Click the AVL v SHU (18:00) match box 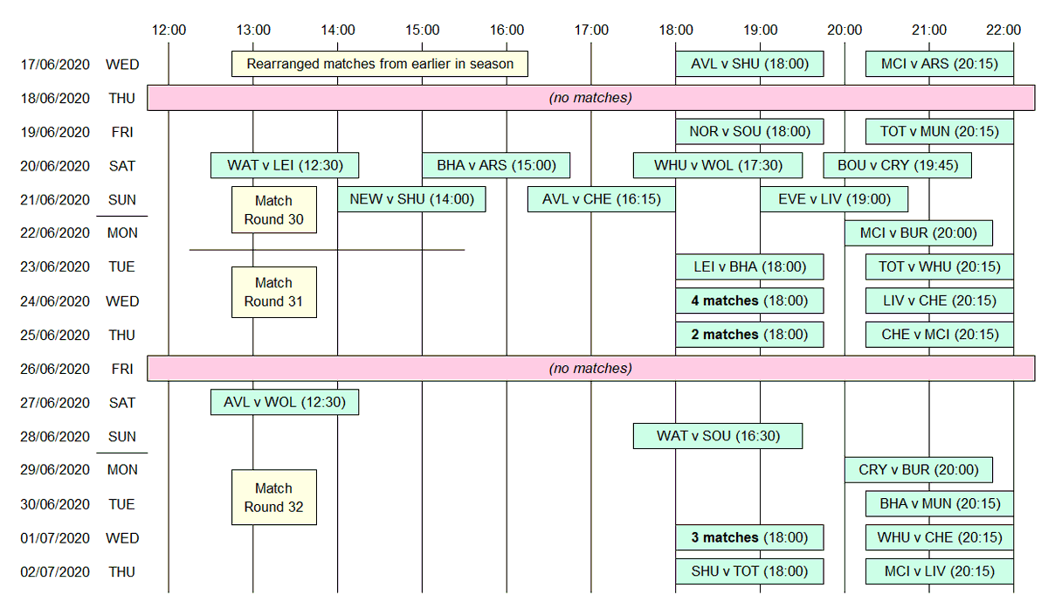[x=748, y=64]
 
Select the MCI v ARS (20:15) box [x=939, y=64]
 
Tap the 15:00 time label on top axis [x=422, y=30]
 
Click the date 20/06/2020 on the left [x=55, y=165]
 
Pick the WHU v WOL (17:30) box [x=717, y=165]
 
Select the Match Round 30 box [x=273, y=210]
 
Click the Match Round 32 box [x=273, y=497]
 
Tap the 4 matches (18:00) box [x=748, y=301]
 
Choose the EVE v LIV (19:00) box [x=833, y=199]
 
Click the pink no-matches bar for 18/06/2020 [x=590, y=98]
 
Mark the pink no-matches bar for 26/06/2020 [x=590, y=369]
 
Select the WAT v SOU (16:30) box [x=717, y=436]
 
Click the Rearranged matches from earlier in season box [x=379, y=64]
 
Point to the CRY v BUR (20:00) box [x=918, y=469]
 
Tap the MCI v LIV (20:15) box [x=939, y=571]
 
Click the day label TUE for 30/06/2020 [x=122, y=504]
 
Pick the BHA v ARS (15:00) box [x=495, y=165]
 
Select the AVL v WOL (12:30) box [x=284, y=403]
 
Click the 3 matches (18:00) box [x=748, y=537]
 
